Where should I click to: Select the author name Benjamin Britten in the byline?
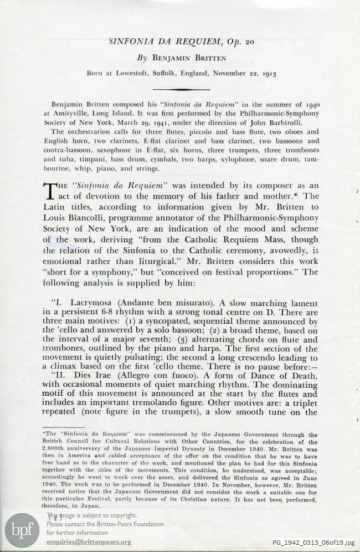tap(187, 58)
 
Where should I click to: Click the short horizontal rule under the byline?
tap(180, 89)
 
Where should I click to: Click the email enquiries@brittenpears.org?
tap(89, 541)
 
